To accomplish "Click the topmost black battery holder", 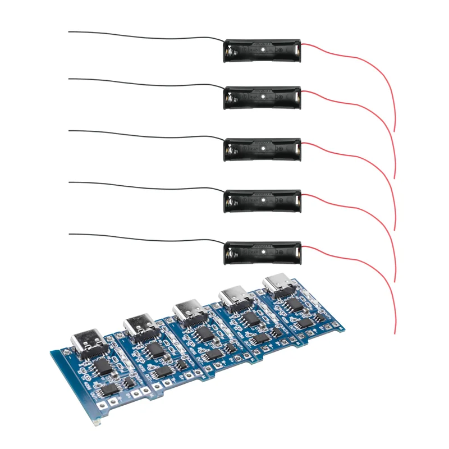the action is (x=263, y=51).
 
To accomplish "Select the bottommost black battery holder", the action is (x=263, y=253).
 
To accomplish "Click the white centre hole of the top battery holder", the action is (x=263, y=51).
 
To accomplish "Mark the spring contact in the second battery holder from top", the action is (x=231, y=100).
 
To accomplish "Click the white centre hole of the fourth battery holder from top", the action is (x=263, y=201).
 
